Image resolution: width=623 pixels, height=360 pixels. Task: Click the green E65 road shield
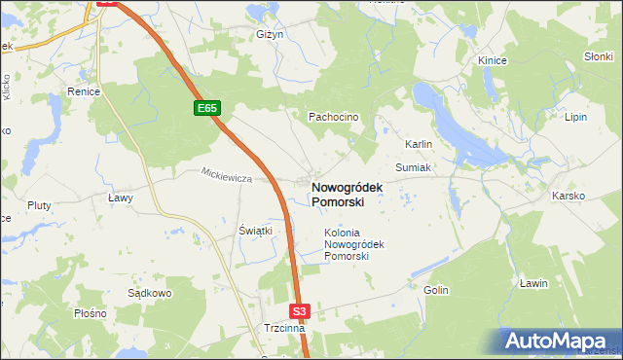click(206, 109)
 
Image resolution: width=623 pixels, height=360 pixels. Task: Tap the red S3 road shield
click(300, 311)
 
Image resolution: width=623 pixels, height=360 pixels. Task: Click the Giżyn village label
click(270, 34)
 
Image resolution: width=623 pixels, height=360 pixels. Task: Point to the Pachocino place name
click(334, 117)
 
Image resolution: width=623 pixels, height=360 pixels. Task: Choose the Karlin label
click(419, 144)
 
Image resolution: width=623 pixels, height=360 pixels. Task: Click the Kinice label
click(493, 60)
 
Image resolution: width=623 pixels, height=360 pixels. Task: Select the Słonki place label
click(597, 56)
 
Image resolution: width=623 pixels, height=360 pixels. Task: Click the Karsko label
click(568, 196)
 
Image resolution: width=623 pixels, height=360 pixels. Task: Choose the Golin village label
click(435, 290)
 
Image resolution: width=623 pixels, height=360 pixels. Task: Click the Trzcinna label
click(284, 329)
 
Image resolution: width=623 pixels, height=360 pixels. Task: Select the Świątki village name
click(255, 231)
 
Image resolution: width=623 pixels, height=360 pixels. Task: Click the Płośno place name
click(90, 314)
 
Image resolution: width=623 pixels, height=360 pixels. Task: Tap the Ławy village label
click(119, 198)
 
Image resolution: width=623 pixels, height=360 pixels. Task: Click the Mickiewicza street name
click(227, 178)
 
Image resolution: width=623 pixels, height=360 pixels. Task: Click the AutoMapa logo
click(561, 341)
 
